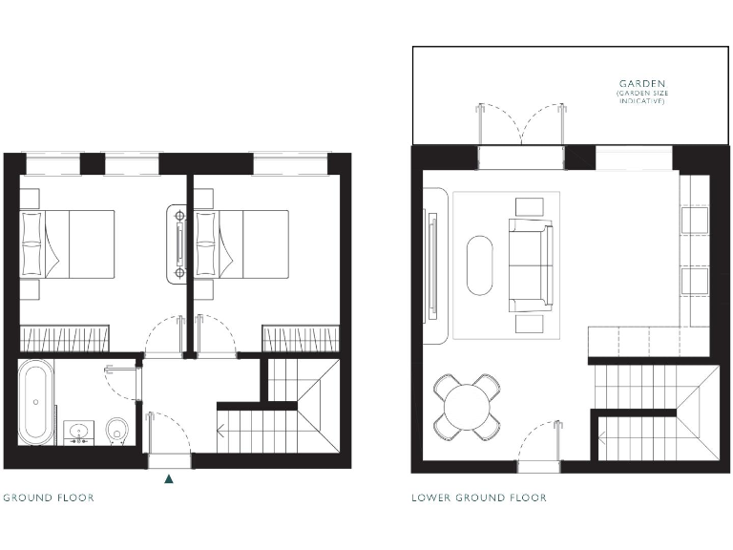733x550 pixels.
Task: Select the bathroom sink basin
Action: [x=77, y=432]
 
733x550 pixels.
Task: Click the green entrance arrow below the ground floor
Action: [x=169, y=479]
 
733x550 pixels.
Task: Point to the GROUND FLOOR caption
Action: [x=49, y=497]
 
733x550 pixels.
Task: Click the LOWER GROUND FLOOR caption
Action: [x=478, y=497]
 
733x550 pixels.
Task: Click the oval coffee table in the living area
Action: [x=480, y=264]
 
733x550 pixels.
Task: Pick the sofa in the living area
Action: [x=531, y=266]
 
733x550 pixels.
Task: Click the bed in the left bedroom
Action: [x=67, y=243]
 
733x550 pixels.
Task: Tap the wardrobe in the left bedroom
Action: [x=64, y=337]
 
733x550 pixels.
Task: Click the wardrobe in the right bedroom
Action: [x=302, y=337]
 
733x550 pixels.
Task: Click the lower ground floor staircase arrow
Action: [x=603, y=442]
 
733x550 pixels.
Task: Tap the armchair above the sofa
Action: [x=529, y=205]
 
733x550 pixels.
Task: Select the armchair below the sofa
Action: [x=529, y=325]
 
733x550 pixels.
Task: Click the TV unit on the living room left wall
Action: [x=433, y=264]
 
